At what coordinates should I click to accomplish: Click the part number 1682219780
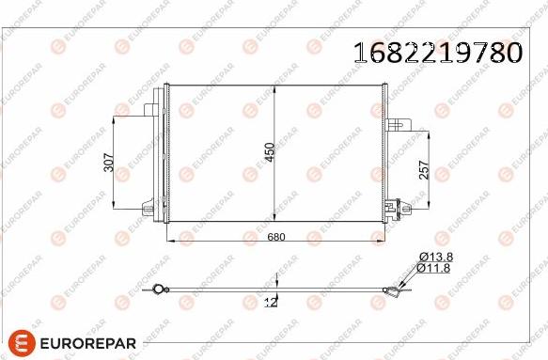tap(438, 53)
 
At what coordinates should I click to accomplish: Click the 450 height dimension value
tap(270, 152)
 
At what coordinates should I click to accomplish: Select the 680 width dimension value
tap(276, 237)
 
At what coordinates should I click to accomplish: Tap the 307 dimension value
tap(109, 163)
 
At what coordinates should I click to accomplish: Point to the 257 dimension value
tap(424, 170)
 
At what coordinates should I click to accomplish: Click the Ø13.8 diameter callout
tap(436, 258)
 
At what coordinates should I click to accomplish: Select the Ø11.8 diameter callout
tap(433, 268)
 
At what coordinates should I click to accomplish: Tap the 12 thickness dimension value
tap(272, 303)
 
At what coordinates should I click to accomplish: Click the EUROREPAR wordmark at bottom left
tap(88, 343)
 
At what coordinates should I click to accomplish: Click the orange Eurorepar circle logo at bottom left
tap(22, 343)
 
